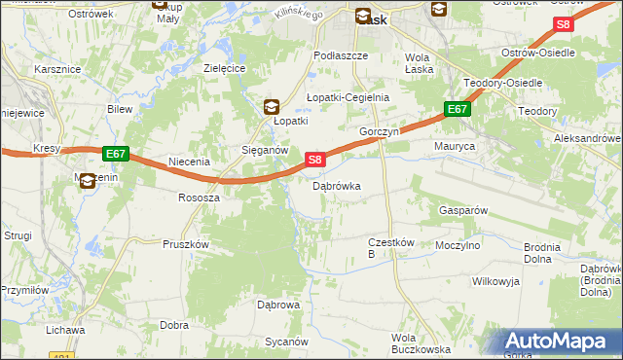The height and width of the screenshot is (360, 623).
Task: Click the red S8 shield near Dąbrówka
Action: pyautogui.click(x=314, y=159)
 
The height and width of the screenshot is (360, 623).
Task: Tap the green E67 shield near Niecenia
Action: pyautogui.click(x=115, y=154)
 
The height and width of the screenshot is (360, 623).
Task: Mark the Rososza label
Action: pyautogui.click(x=199, y=197)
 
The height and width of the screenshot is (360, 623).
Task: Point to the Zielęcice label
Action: pyautogui.click(x=223, y=68)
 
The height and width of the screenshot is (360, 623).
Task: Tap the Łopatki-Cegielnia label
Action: pyautogui.click(x=348, y=97)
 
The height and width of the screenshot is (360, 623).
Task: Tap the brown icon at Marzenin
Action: pyautogui.click(x=87, y=180)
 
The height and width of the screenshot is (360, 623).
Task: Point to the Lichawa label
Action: pyautogui.click(x=65, y=330)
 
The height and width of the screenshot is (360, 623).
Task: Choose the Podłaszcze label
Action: pyautogui.click(x=340, y=56)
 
